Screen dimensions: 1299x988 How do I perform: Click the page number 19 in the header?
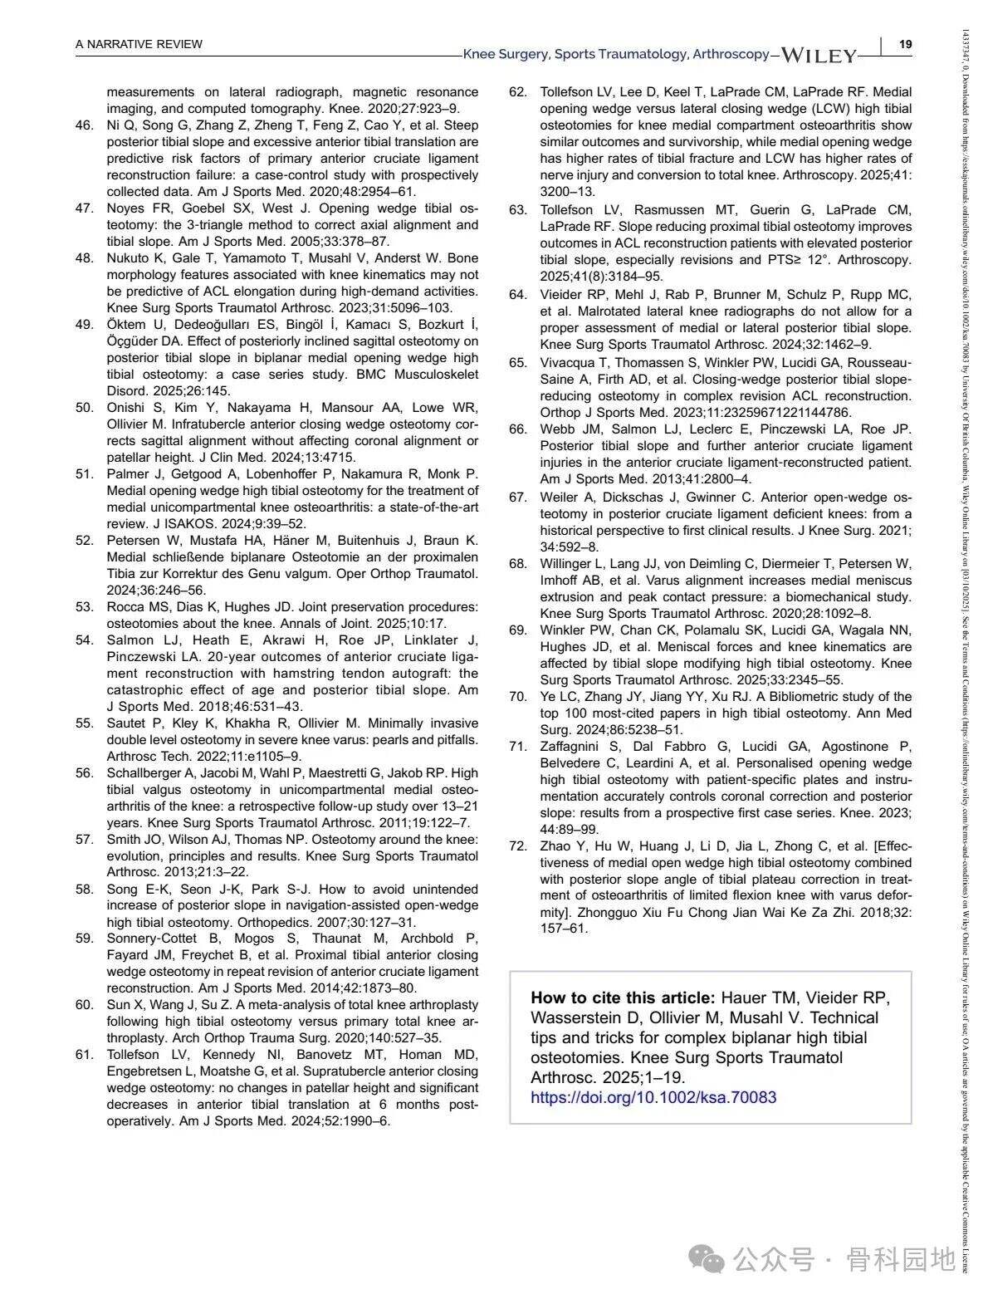tap(906, 44)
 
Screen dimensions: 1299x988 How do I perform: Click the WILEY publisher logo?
tap(819, 56)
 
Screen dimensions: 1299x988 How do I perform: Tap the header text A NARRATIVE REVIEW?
tap(139, 44)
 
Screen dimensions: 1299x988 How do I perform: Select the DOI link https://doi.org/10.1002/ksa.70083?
tap(653, 1097)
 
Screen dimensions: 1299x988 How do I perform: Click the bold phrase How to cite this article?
tap(622, 998)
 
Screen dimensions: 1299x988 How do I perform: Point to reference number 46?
tap(84, 125)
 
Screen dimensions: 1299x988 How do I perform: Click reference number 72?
tap(518, 846)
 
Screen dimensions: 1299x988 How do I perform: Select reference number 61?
tap(84, 1055)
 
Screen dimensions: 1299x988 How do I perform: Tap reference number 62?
tap(518, 92)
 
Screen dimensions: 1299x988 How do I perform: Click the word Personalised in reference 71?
tap(773, 763)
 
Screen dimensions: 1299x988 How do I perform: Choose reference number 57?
tap(84, 840)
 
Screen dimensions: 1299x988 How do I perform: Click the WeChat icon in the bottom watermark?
tap(712, 1260)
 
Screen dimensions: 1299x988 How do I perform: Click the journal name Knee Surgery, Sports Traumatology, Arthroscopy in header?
tap(616, 54)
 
